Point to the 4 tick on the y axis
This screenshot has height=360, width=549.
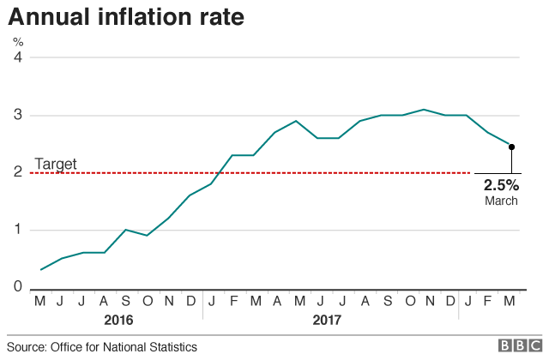(x=17, y=57)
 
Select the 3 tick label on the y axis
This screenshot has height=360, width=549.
(x=17, y=115)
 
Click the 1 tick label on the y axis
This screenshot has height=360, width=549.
(x=17, y=230)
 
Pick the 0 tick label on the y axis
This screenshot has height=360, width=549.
(x=17, y=287)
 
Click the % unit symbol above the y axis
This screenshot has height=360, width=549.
(x=17, y=40)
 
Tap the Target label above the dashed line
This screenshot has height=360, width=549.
(x=56, y=164)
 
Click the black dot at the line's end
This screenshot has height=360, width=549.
(x=511, y=147)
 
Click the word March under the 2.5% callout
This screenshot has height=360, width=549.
(x=501, y=201)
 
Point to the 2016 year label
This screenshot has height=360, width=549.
(x=118, y=320)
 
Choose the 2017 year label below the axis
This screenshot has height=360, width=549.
(x=327, y=320)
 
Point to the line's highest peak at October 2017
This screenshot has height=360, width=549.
(x=423, y=110)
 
